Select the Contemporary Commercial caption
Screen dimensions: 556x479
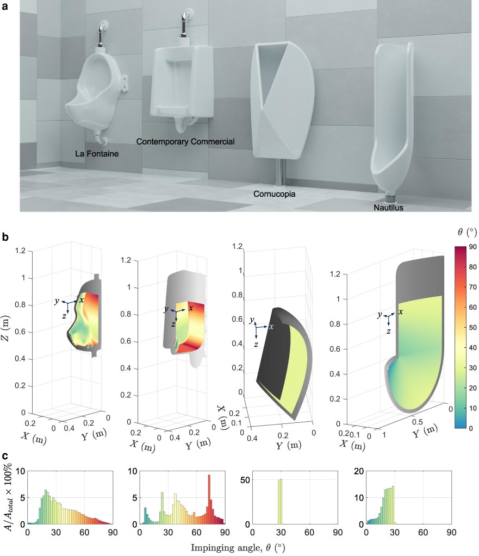185,142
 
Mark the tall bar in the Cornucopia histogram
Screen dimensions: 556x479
279,496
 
